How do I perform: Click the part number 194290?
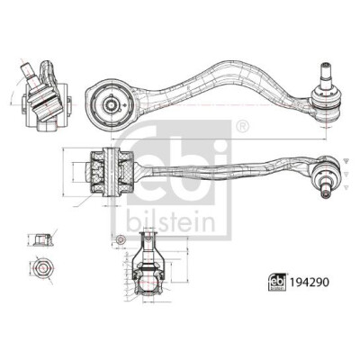[309, 282]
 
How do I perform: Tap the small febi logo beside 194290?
[277, 282]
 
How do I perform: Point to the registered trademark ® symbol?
[242, 126]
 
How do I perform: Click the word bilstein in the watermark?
[170, 221]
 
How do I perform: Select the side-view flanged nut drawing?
[40, 240]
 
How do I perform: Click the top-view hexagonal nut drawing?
[41, 266]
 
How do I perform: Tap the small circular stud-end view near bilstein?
[121, 239]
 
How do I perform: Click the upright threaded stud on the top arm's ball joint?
[326, 75]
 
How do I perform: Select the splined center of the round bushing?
[112, 104]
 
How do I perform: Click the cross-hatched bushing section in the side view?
[112, 172]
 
